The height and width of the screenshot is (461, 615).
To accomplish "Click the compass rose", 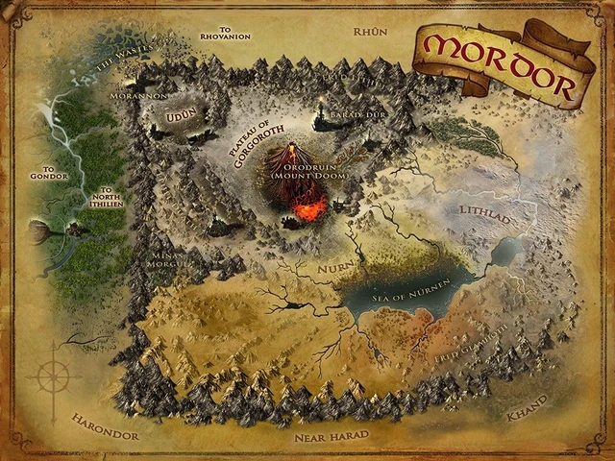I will click(54, 377).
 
